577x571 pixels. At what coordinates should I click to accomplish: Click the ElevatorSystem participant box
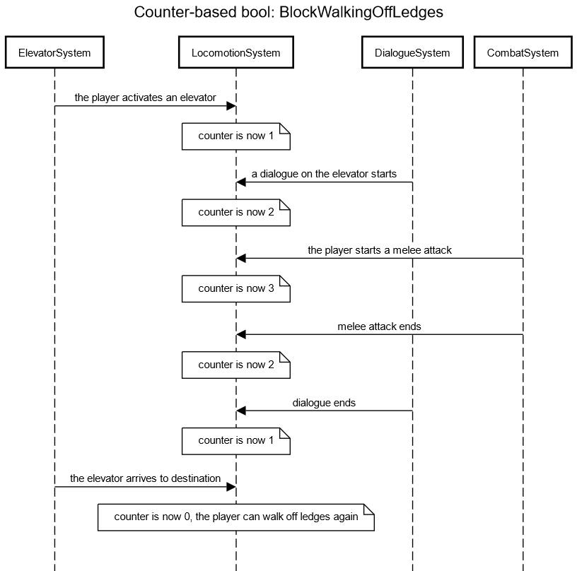[x=54, y=52]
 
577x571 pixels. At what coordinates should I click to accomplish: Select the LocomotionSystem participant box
[x=236, y=52]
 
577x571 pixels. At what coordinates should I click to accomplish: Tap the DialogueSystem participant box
[x=412, y=52]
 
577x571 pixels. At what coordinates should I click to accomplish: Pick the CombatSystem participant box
[x=523, y=52]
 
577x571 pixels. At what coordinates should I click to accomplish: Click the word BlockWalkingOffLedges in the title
[x=361, y=12]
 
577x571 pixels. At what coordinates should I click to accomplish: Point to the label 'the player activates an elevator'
[x=146, y=98]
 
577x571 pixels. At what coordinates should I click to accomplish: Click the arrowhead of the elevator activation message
[x=231, y=106]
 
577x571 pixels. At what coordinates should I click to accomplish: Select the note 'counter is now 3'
[x=236, y=288]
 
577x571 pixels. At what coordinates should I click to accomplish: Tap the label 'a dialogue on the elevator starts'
[x=324, y=174]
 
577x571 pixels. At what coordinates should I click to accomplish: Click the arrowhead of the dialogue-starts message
[x=241, y=182]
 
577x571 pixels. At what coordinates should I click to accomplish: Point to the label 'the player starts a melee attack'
[x=380, y=250]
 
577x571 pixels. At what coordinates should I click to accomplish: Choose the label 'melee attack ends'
[x=380, y=326]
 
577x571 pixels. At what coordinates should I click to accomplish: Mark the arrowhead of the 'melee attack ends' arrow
[x=241, y=334]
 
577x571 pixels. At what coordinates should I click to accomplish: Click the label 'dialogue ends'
[x=324, y=403]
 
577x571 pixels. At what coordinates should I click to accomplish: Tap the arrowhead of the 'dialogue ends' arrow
[x=241, y=411]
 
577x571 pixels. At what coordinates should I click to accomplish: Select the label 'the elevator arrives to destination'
[x=146, y=478]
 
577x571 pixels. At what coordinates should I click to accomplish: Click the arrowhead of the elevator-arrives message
[x=231, y=487]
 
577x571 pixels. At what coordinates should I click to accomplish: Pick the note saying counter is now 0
[x=236, y=517]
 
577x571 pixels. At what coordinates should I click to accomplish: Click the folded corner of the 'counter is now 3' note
[x=285, y=281]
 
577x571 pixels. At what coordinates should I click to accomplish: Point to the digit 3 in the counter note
[x=272, y=288]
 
